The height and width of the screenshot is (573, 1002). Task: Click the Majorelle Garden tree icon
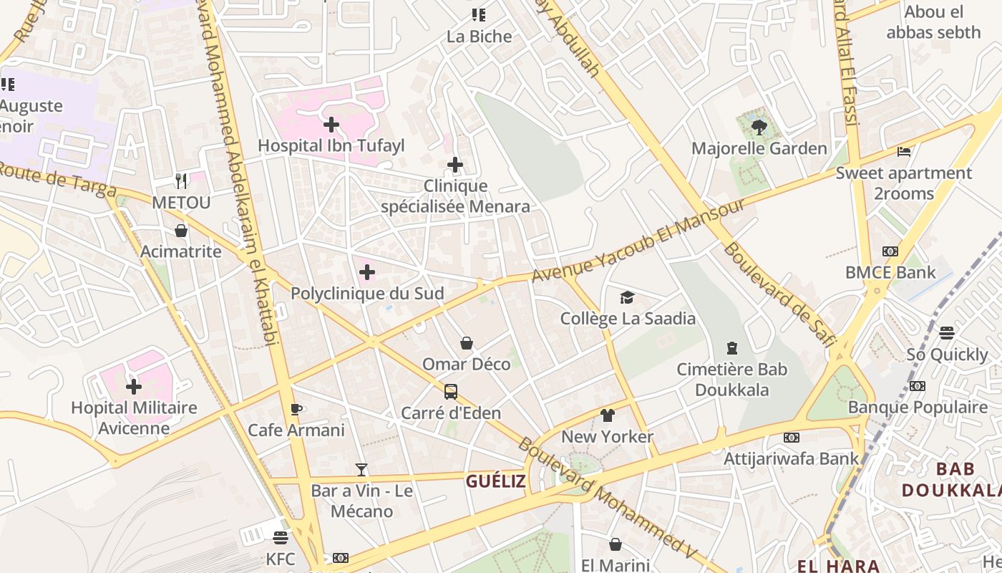759,127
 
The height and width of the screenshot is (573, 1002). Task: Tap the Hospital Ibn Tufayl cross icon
331,125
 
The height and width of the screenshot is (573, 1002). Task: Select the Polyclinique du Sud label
367,294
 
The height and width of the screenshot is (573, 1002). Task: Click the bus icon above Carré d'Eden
450,392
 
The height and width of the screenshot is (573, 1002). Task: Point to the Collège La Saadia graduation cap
627,297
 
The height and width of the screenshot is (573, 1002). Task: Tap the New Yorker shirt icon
607,415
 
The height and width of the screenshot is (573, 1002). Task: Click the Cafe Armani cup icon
296,409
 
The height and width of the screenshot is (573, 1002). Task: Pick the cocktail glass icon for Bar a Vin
361,470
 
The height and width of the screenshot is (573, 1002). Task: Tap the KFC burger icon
280,537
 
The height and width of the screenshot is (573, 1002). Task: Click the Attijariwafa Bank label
792,458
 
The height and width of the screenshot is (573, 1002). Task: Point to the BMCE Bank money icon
890,251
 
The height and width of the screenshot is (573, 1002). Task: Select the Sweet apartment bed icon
904,152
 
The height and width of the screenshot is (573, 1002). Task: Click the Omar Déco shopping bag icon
467,343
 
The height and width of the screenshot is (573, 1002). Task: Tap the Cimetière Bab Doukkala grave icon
731,348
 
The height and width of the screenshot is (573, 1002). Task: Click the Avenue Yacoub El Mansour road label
638,240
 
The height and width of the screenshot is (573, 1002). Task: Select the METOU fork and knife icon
181,181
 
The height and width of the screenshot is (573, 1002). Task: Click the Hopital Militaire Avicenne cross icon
133,387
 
